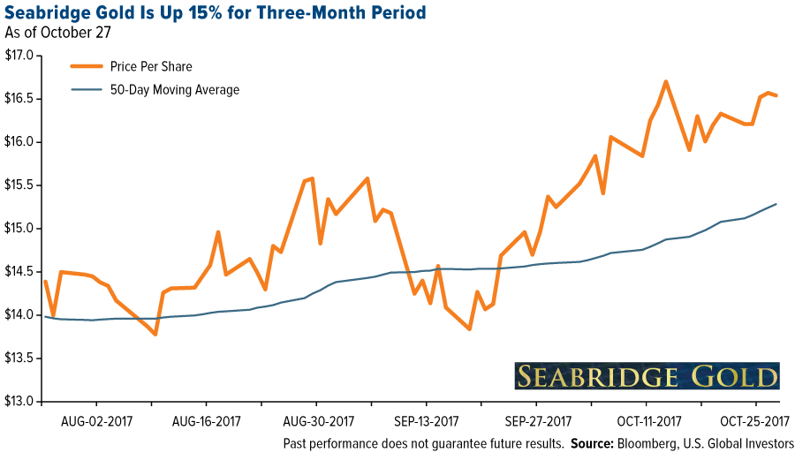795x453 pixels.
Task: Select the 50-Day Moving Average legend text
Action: point(175,89)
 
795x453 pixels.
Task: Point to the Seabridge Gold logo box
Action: point(647,375)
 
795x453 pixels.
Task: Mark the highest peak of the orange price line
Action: point(665,82)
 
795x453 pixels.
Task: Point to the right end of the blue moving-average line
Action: point(776,204)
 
